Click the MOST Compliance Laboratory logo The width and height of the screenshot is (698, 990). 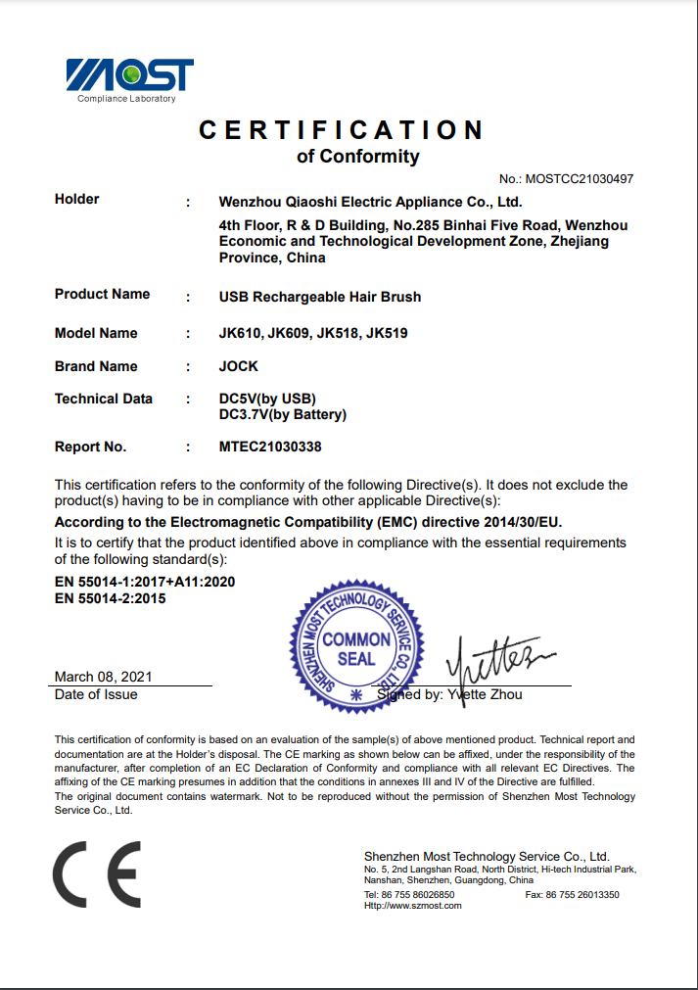pos(129,78)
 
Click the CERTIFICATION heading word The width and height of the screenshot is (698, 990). pos(342,130)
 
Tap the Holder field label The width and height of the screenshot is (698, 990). pos(77,200)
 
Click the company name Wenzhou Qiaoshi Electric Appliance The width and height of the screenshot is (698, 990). pos(370,203)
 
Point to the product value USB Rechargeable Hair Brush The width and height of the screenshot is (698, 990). pos(320,297)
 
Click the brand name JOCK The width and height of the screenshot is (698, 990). pos(239,366)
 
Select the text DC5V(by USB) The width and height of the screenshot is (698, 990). pos(267,400)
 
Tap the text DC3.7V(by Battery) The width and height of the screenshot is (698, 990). pos(282,414)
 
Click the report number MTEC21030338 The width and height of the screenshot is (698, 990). pos(270,447)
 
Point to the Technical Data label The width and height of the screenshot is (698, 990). pos(104,399)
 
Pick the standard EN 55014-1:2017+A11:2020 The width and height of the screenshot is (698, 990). pos(145,582)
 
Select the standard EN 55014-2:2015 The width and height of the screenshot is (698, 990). pos(111,598)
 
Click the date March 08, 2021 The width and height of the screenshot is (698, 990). pos(104,677)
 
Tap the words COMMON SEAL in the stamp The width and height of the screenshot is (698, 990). pos(356,649)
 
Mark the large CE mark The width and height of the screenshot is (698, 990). pos(98,873)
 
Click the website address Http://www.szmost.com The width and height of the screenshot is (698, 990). pos(413,906)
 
